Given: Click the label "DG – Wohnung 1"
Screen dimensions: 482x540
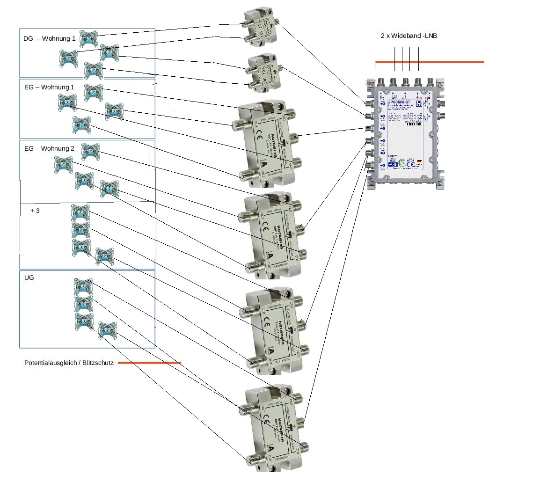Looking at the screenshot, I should [x=49, y=38].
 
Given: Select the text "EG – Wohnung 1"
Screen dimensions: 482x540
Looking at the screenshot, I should [x=49, y=88].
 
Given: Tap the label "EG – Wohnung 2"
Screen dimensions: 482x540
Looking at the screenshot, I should [x=49, y=148].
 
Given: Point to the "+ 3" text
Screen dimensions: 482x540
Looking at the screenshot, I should [x=35, y=211].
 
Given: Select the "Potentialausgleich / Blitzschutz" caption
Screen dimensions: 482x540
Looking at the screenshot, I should [x=69, y=363].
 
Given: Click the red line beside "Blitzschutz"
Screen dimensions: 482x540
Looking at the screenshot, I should [x=149, y=363].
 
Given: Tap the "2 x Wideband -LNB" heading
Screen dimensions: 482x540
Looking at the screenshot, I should [x=409, y=36].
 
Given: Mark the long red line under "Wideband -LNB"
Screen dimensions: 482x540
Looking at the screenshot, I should [x=429, y=62].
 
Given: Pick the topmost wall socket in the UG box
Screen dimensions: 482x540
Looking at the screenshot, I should [x=83, y=286].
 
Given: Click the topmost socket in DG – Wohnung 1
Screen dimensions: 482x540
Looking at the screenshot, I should [x=88, y=38].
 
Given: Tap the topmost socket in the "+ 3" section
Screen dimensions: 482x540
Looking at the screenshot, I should [x=80, y=213].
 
